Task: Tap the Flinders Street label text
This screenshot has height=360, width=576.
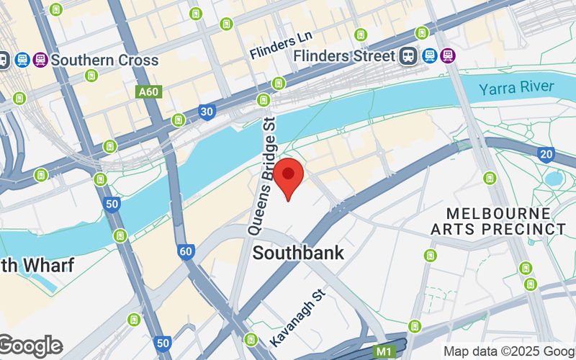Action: pyautogui.click(x=345, y=55)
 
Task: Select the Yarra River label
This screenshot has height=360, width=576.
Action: pyautogui.click(x=518, y=87)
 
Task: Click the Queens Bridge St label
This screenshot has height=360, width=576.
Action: pyautogui.click(x=263, y=176)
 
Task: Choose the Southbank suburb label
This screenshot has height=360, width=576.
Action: pyautogui.click(x=298, y=253)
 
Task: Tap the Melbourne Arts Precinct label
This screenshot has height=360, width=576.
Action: pyautogui.click(x=498, y=221)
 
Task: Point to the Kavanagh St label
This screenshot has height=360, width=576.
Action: pyautogui.click(x=299, y=317)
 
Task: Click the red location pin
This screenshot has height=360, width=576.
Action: pyautogui.click(x=289, y=177)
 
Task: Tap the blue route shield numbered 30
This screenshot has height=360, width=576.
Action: pyautogui.click(x=207, y=112)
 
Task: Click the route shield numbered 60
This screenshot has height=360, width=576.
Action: pyautogui.click(x=186, y=251)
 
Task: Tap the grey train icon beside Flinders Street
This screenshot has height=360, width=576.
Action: pyautogui.click(x=410, y=55)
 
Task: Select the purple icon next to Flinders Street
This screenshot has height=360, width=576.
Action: pyautogui.click(x=449, y=55)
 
